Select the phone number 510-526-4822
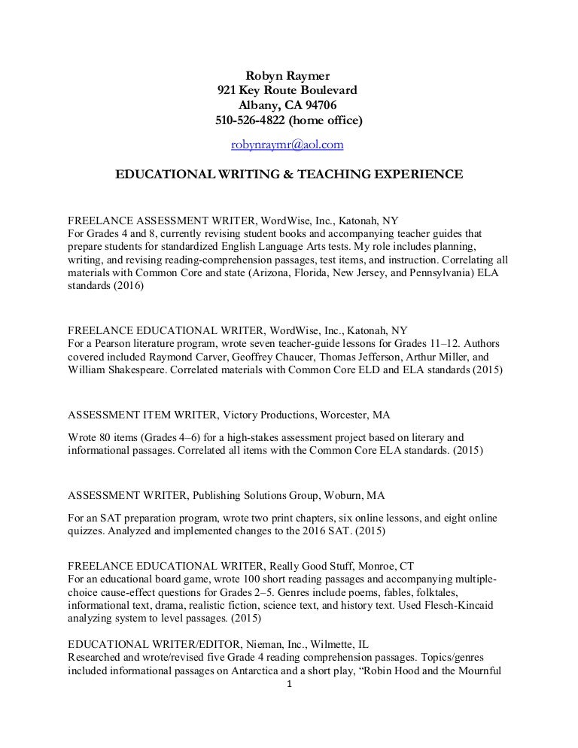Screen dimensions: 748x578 [x=250, y=120]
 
